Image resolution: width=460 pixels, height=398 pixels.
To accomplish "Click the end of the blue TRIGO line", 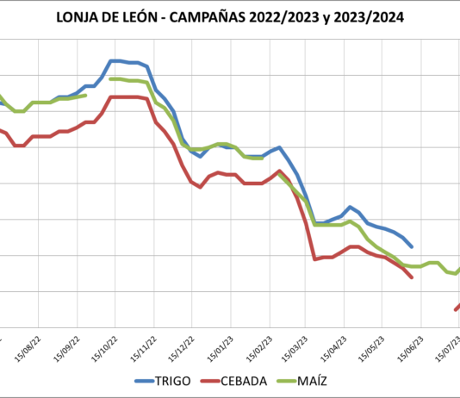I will [x=411, y=246].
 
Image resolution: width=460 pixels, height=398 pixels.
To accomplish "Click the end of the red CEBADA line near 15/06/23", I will [x=412, y=277].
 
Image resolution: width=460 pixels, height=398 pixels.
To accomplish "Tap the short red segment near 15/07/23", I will [x=457, y=308].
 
